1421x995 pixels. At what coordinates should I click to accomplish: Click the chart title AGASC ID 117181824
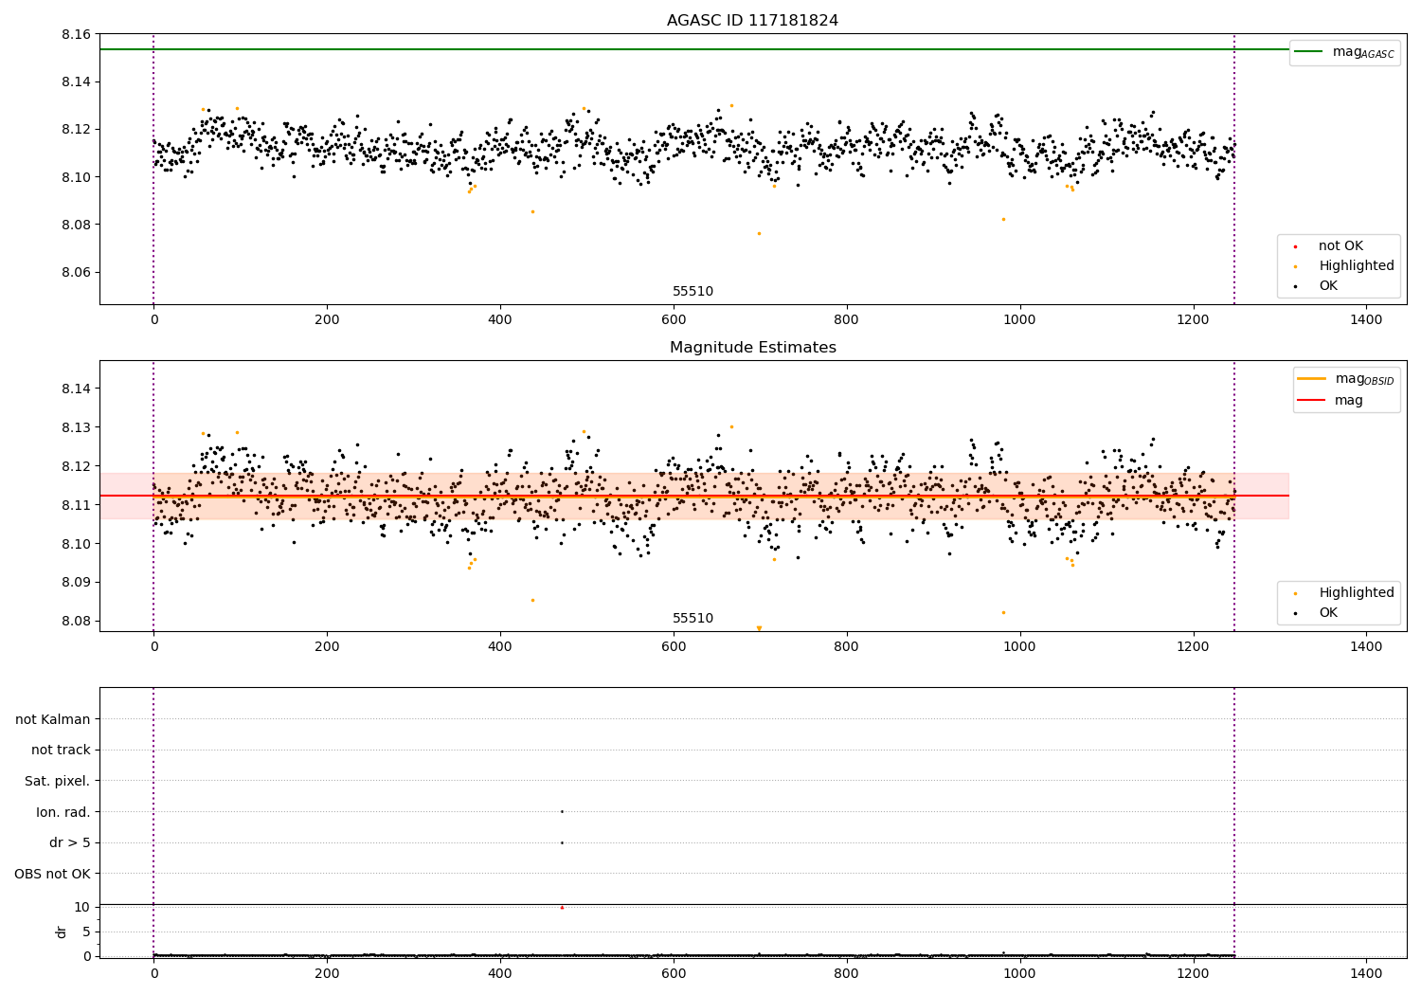click(x=752, y=21)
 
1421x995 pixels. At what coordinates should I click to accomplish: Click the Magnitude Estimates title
click(x=752, y=348)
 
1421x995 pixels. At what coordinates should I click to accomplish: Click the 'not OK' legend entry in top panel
click(x=1340, y=246)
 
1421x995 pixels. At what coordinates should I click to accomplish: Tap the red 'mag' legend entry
click(x=1348, y=401)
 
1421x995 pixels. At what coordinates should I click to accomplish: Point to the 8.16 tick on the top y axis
click(x=76, y=34)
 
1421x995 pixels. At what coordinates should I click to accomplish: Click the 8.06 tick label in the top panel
click(x=76, y=272)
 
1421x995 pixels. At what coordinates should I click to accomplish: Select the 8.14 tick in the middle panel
click(x=76, y=389)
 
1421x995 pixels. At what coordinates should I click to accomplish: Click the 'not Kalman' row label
click(x=53, y=719)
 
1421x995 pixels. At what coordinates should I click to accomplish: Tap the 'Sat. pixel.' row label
click(x=58, y=782)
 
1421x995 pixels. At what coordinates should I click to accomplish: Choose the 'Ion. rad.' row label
click(x=63, y=812)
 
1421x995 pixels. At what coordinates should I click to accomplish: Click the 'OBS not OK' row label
click(x=53, y=874)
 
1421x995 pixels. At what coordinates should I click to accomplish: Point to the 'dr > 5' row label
click(x=70, y=842)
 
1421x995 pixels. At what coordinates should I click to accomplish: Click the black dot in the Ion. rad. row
click(x=562, y=811)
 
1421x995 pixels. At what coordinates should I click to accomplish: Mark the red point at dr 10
click(x=562, y=908)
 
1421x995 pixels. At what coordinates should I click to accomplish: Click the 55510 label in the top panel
click(x=693, y=292)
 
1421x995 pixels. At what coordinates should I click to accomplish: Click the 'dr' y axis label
click(x=62, y=932)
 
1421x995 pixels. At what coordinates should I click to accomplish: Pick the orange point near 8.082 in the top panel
click(x=1003, y=219)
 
